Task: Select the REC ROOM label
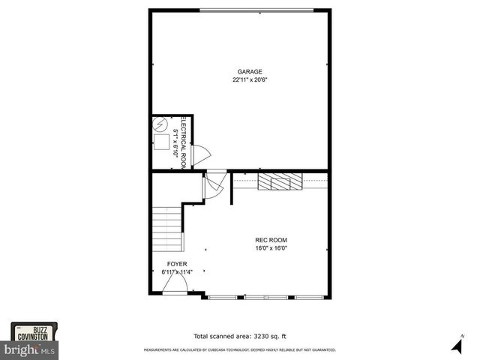(271, 240)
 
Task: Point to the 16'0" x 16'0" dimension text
(271, 248)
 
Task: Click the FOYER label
(177, 264)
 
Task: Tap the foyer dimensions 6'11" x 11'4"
(177, 271)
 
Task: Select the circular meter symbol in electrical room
(160, 125)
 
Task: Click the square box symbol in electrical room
(161, 142)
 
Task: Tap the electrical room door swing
(201, 154)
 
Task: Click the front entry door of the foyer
(175, 285)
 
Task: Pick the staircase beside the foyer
(167, 229)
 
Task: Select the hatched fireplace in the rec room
(279, 181)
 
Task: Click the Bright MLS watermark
(30, 349)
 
